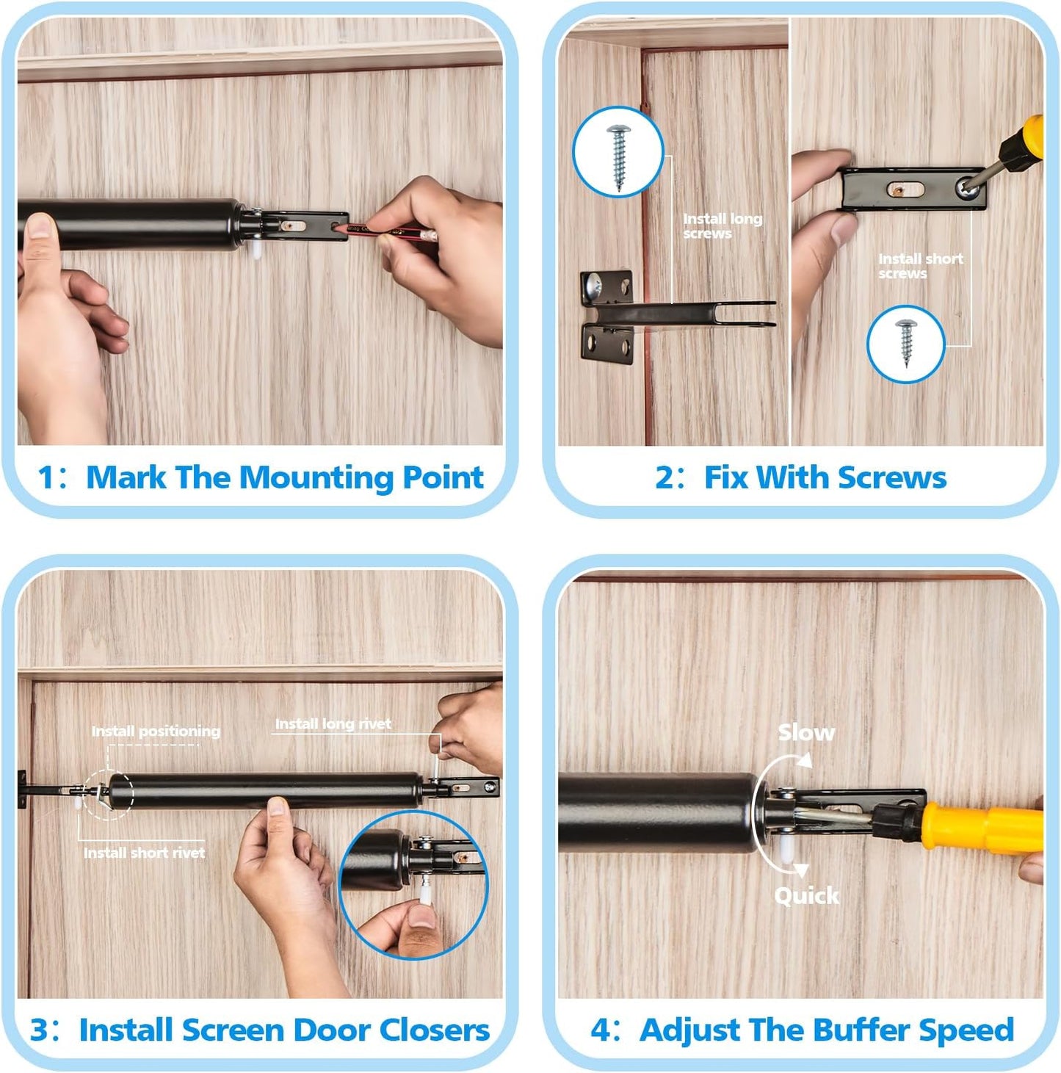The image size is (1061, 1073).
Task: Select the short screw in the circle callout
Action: click(905, 342)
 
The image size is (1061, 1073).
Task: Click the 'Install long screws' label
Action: click(723, 225)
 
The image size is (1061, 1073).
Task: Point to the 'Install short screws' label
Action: click(920, 266)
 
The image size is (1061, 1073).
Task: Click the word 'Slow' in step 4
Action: click(806, 733)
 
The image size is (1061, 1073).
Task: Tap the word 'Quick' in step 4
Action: click(806, 896)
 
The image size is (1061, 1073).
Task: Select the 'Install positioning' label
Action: click(156, 731)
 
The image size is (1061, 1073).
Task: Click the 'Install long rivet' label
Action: click(333, 723)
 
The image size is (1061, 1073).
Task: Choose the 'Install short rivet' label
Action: click(144, 853)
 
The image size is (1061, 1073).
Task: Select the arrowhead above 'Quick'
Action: click(801, 870)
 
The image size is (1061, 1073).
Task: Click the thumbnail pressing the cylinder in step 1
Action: click(38, 227)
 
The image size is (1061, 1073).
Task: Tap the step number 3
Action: click(40, 1030)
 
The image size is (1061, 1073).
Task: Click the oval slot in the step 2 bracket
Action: click(905, 190)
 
